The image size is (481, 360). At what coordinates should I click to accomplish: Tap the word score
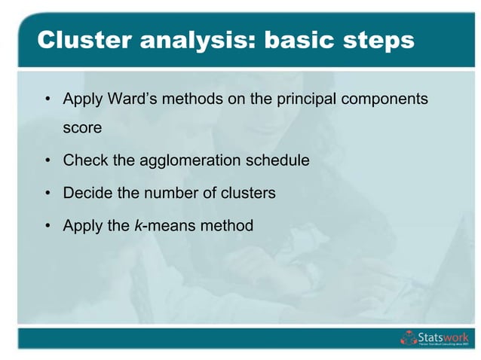point(82,128)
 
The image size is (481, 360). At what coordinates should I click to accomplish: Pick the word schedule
point(273,160)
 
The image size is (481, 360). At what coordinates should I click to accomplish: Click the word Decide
point(87,193)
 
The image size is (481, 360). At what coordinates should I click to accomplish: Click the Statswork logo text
point(443,336)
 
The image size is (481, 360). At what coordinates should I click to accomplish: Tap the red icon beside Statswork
point(408,338)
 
